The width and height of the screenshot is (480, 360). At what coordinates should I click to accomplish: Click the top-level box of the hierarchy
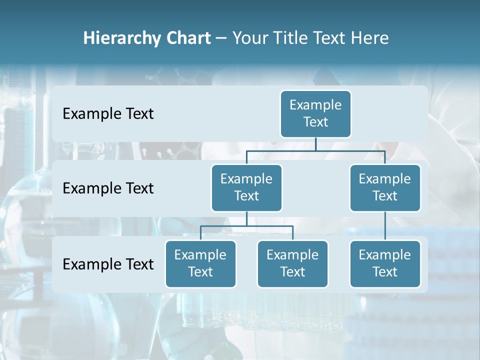(315, 113)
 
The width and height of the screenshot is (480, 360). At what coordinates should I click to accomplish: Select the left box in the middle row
(246, 187)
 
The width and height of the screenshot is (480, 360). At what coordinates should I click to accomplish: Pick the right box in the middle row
(385, 187)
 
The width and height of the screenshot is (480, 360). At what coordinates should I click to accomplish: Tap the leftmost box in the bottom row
(200, 263)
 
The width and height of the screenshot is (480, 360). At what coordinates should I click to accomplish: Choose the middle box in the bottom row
(292, 263)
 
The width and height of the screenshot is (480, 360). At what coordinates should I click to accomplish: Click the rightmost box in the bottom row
(385, 263)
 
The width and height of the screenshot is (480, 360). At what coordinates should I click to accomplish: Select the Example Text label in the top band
(108, 114)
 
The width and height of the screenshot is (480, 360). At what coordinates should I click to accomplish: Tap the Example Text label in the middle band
(108, 188)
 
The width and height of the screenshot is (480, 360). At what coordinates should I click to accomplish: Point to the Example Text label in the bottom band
(108, 264)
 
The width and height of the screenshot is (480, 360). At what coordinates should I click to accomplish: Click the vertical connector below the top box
(315, 144)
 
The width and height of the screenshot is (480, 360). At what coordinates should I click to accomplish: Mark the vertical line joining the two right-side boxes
(385, 226)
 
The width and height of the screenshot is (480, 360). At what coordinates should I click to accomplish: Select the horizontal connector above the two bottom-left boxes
(270, 226)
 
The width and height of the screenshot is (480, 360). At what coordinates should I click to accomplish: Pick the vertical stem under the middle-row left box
(246, 218)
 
